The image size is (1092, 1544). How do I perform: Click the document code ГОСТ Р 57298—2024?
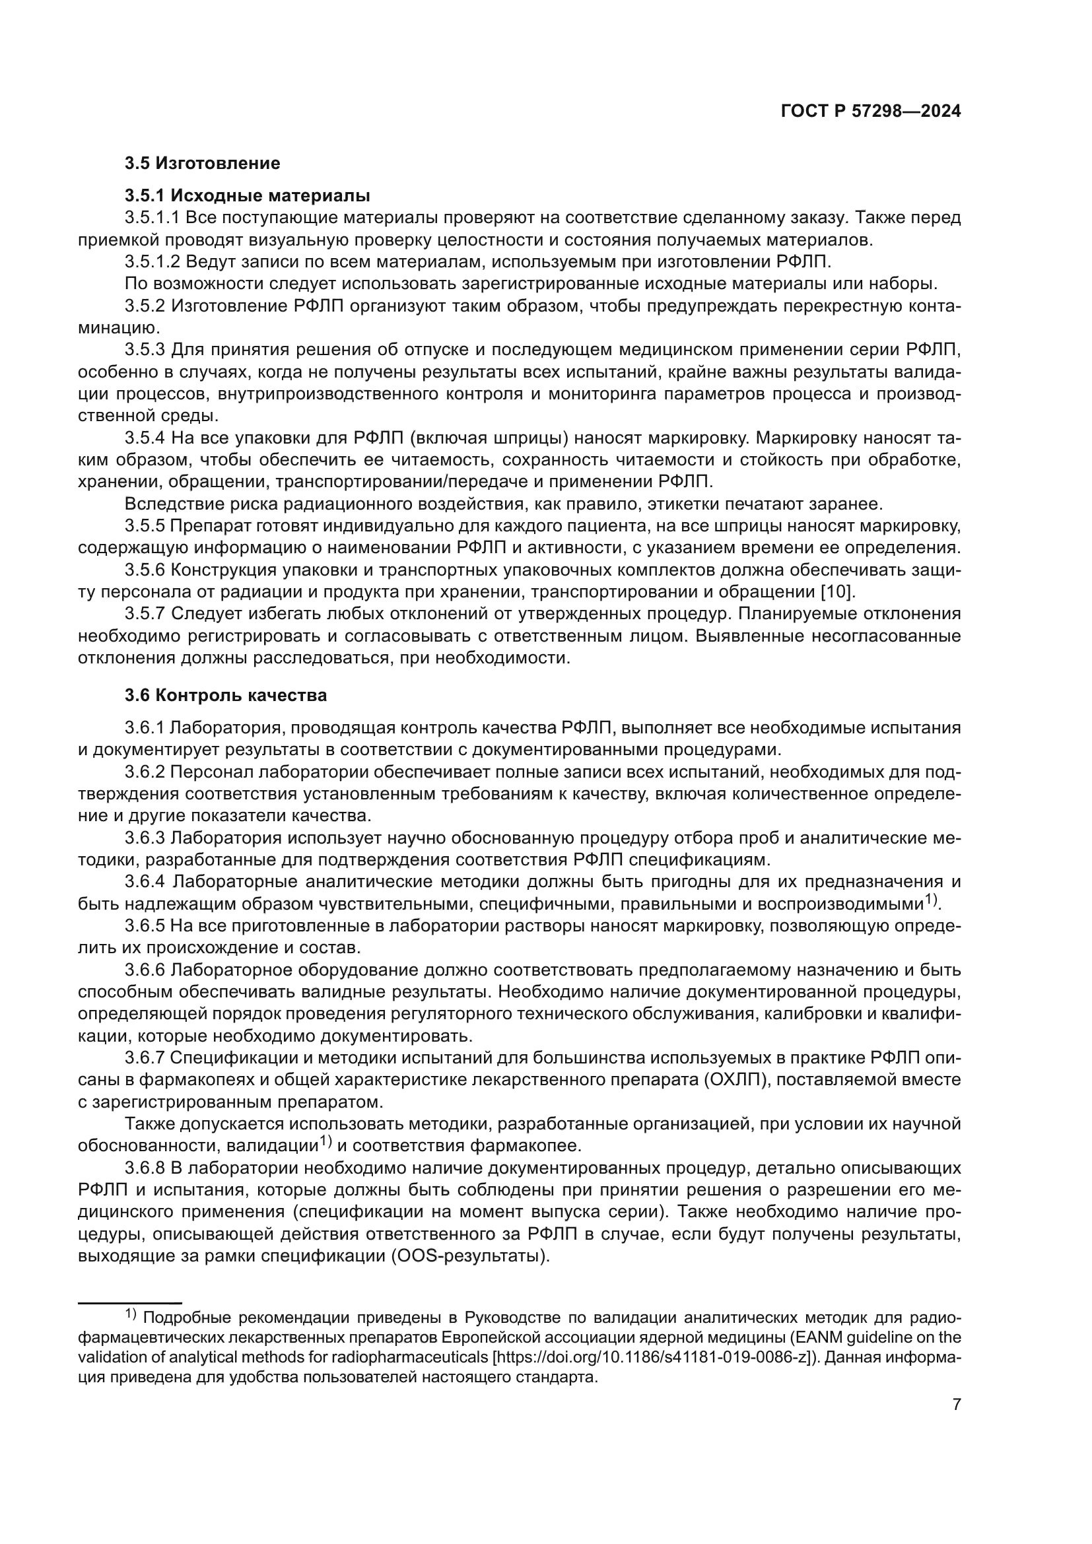pos(871,112)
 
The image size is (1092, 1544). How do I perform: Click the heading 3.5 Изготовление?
pos(203,164)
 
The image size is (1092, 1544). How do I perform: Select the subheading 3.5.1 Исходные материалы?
pos(248,195)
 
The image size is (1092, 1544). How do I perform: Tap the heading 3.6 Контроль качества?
pos(226,695)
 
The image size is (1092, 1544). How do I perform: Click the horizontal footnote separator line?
pos(130,1302)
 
